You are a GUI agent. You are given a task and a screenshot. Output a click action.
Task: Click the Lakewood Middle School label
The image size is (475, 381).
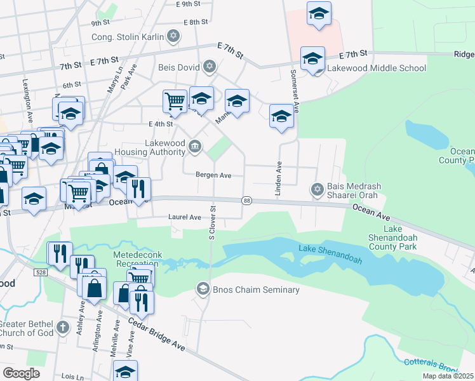tap(374, 68)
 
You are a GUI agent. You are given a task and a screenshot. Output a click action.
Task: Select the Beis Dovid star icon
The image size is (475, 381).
tap(210, 66)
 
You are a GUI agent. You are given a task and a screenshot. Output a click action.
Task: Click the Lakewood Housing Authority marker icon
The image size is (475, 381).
tap(196, 148)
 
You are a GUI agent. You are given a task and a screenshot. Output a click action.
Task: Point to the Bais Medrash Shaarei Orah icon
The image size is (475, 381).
tap(317, 189)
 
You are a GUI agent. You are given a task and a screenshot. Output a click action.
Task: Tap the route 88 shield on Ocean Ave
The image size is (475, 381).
tap(246, 200)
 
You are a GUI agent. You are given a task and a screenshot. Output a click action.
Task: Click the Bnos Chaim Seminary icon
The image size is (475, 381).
tap(203, 290)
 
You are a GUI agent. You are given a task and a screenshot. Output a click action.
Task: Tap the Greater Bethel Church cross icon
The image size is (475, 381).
tap(62, 328)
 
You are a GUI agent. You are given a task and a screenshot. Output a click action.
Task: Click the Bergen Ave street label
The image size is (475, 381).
tap(213, 175)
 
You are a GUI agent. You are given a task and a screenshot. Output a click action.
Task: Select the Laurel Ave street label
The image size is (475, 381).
tap(184, 217)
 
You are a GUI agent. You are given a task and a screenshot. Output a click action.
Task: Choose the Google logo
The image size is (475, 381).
tap(21, 373)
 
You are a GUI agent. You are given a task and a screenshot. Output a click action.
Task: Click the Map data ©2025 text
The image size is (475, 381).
tap(448, 376)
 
